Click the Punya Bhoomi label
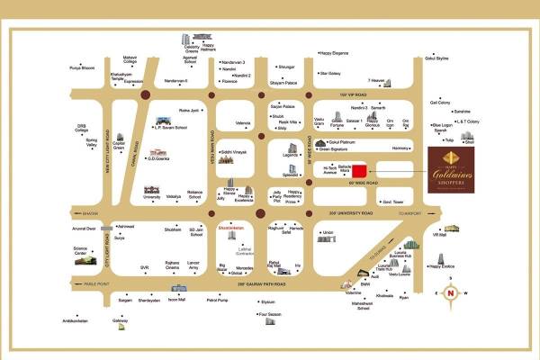pos(82,67)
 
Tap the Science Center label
pos(81,251)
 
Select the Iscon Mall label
pos(176,300)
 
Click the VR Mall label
pos(440,234)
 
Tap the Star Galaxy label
pos(329,73)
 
